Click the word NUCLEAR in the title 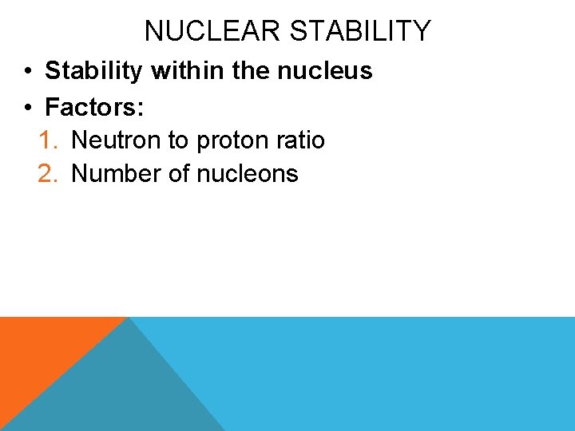[x=212, y=31]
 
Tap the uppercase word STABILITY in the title [x=359, y=31]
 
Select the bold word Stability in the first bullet [x=94, y=71]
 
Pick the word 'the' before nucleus [x=251, y=71]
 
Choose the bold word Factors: [x=94, y=105]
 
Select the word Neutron [x=117, y=140]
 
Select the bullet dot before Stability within [x=27, y=72]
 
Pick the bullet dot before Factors [x=27, y=106]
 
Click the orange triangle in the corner [x=40, y=351]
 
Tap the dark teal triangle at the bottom [x=120, y=391]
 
